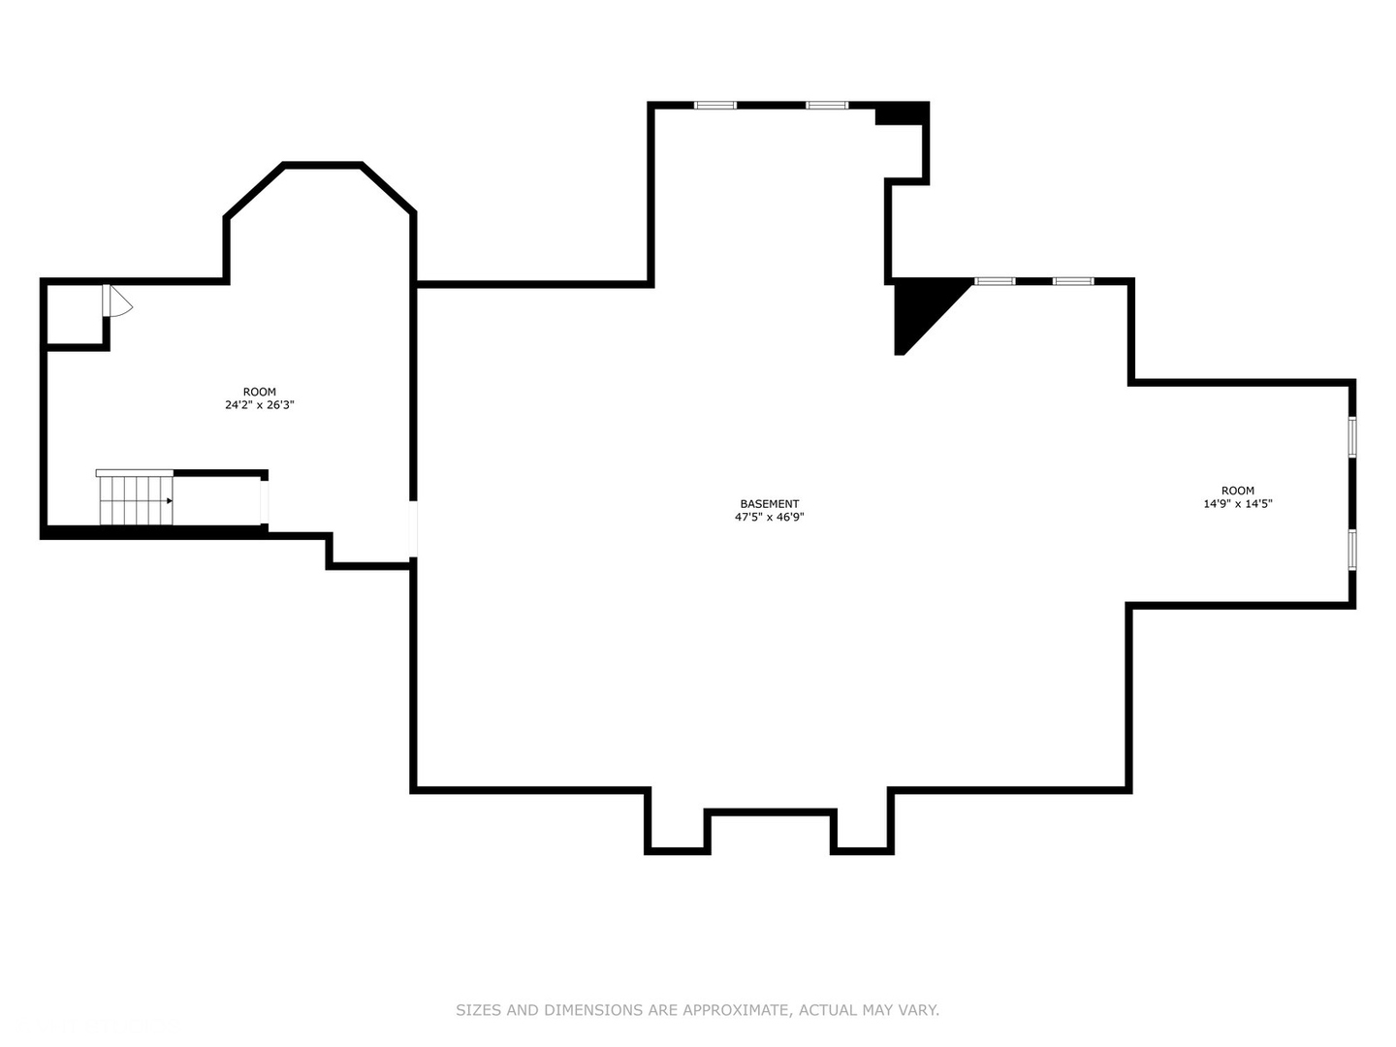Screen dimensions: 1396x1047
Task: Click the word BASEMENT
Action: click(769, 504)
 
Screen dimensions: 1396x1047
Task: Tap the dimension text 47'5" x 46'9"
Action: click(769, 518)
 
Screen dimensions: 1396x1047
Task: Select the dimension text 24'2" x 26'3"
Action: click(260, 405)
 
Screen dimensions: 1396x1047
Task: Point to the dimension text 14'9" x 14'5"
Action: click(1237, 504)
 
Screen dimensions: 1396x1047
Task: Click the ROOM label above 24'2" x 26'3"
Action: click(260, 393)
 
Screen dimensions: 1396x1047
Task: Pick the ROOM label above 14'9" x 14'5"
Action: click(1238, 491)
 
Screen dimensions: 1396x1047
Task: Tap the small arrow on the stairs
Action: click(170, 501)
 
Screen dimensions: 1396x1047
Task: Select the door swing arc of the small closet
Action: click(121, 301)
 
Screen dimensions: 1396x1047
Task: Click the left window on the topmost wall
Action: click(714, 106)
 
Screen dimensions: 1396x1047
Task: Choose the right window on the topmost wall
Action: click(827, 106)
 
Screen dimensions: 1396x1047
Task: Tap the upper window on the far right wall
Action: click(1352, 436)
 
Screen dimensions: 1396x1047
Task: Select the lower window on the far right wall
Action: click(1352, 550)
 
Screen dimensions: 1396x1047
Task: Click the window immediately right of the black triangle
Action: click(995, 281)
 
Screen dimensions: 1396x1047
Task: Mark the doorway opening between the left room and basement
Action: click(413, 529)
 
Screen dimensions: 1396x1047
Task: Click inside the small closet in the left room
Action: click(75, 314)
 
